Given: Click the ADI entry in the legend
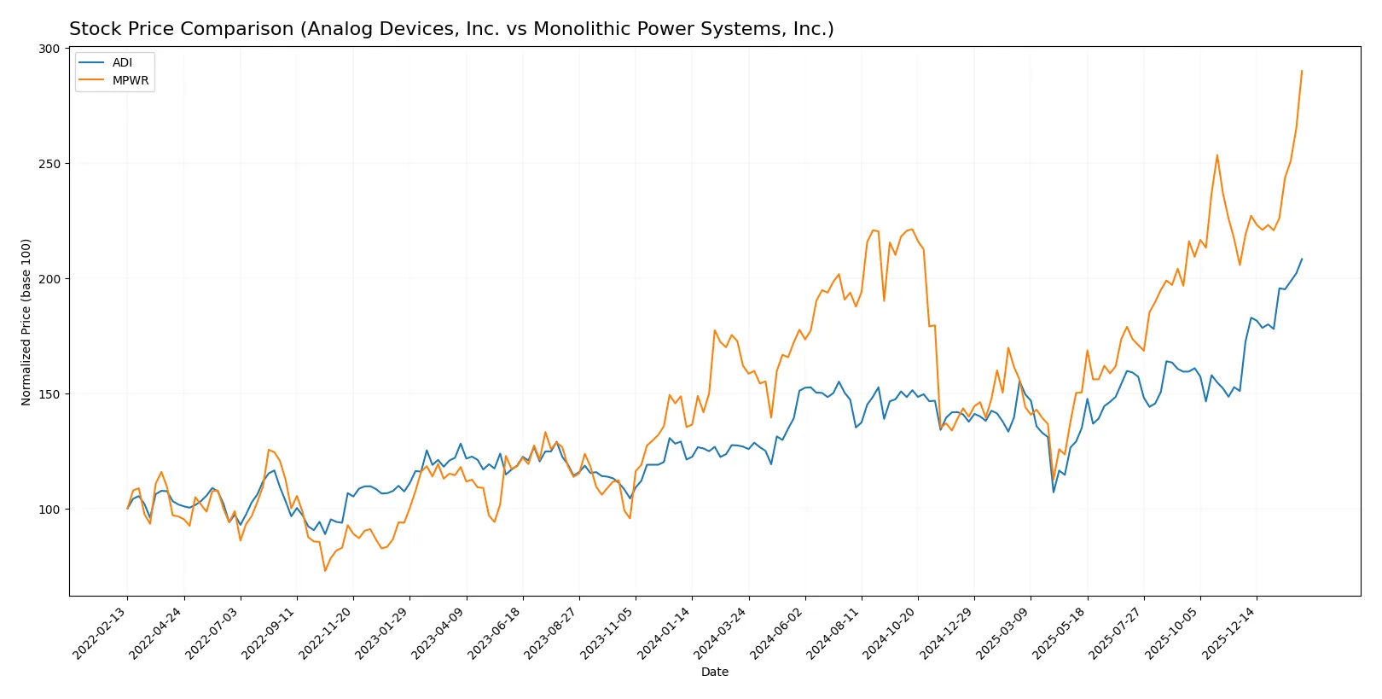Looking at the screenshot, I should tap(122, 63).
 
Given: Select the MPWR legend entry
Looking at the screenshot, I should tap(130, 81).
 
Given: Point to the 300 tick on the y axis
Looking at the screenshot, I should tap(49, 49).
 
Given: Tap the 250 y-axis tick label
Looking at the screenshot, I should tap(49, 164).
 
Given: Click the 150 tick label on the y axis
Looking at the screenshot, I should tap(49, 394).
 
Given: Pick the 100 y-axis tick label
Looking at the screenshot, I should tap(49, 510).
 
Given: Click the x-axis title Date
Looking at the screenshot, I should tap(715, 673).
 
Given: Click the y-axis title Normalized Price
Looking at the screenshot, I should tap(26, 322).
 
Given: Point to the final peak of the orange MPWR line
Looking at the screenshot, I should tap(1302, 71).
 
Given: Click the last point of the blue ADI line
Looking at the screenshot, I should tap(1302, 259).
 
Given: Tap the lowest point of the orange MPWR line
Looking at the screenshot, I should tap(325, 571).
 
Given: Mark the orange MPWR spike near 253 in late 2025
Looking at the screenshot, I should tap(1217, 155).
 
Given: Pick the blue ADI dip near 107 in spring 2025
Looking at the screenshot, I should tap(1054, 492).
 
